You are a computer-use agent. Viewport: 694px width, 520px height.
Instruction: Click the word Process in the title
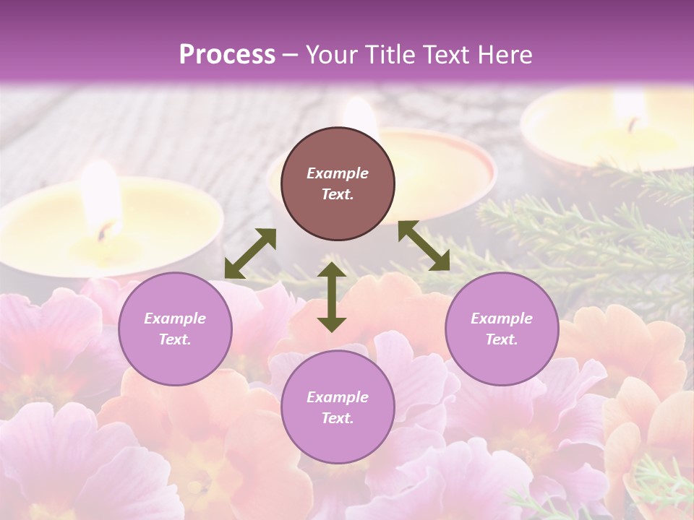(227, 55)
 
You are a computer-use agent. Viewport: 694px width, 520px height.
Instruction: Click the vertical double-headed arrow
(332, 297)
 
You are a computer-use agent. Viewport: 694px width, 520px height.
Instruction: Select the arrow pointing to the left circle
(250, 253)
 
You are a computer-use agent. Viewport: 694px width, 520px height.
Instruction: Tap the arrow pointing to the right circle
(424, 246)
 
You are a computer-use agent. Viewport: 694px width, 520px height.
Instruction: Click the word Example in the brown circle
(338, 173)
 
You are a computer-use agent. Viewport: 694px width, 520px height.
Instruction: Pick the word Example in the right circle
(502, 318)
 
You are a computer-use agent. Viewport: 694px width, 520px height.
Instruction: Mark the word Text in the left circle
(174, 339)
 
